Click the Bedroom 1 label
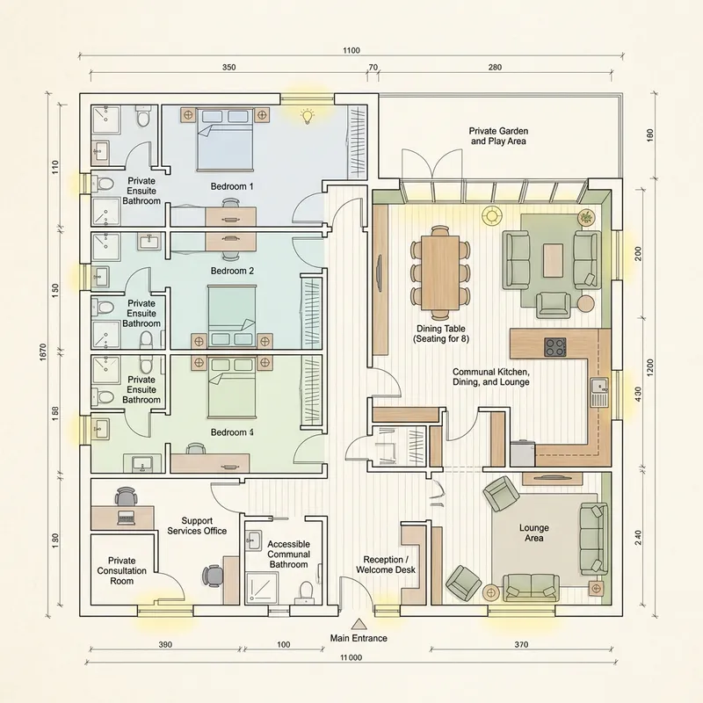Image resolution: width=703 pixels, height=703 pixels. (x=232, y=186)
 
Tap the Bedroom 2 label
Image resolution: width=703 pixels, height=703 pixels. (x=232, y=271)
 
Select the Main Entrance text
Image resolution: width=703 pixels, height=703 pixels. (x=359, y=638)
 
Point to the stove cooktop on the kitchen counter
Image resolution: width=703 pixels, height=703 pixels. (x=555, y=347)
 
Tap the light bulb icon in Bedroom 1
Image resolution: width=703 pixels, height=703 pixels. (x=307, y=115)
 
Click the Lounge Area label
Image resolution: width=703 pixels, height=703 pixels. (x=534, y=533)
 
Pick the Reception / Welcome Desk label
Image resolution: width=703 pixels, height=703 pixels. (x=387, y=564)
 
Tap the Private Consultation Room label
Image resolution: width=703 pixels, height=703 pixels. (x=121, y=570)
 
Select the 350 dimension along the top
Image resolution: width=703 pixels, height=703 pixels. (x=228, y=67)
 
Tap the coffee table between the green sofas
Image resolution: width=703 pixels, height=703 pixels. (x=553, y=259)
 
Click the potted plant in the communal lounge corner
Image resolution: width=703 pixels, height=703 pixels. (x=585, y=216)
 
